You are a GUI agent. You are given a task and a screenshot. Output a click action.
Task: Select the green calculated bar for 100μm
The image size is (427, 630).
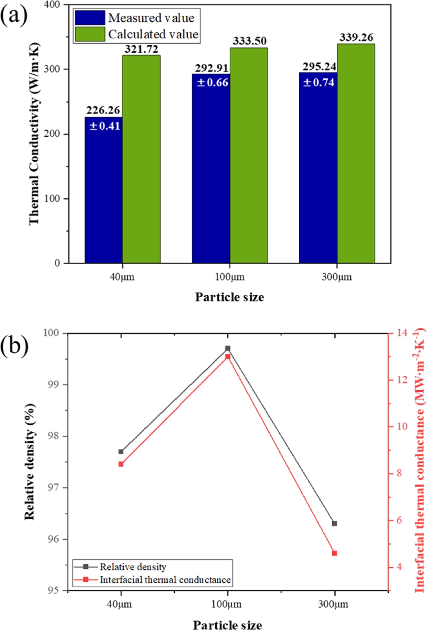[249, 155]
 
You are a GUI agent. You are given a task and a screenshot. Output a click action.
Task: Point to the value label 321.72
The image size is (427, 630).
[141, 49]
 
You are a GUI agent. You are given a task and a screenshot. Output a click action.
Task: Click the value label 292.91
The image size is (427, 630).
[212, 68]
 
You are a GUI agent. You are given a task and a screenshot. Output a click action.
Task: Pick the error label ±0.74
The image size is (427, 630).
[319, 82]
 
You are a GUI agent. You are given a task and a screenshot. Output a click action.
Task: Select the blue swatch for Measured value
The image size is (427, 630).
[90, 18]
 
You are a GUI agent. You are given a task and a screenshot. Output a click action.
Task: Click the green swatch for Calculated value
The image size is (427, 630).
[90, 34]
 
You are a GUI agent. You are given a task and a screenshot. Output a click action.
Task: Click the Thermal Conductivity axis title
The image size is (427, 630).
[34, 134]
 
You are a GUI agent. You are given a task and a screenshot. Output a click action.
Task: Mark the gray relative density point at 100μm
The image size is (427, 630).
[228, 348]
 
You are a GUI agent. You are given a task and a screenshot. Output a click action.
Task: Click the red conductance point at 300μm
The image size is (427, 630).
[334, 553]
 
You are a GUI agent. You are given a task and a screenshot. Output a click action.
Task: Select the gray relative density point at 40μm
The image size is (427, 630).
[121, 452]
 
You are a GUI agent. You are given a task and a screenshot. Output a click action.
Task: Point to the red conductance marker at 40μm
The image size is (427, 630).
[121, 464]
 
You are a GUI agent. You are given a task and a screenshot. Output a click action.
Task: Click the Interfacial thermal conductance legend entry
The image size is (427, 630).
[165, 579]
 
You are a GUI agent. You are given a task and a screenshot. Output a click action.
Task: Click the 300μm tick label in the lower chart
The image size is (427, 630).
[333, 604]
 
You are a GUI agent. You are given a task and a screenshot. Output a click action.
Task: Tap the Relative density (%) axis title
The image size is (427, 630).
[30, 462]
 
